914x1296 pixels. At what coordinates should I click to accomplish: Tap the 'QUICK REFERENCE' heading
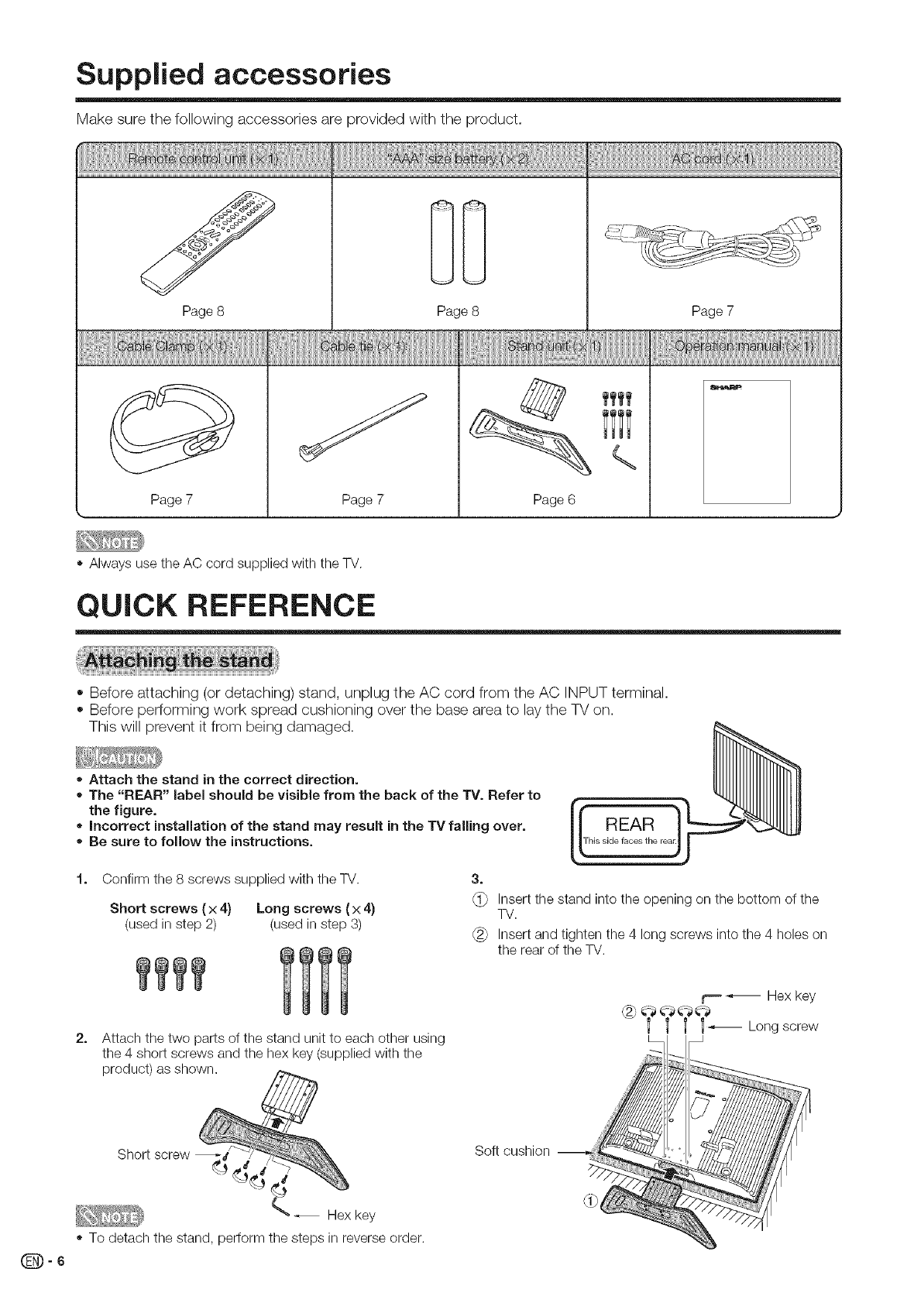(x=225, y=604)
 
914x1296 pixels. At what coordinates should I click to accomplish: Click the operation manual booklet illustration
(x=746, y=441)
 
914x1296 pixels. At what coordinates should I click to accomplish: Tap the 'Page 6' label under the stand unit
(x=554, y=500)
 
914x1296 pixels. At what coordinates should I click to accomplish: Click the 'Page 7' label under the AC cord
(x=712, y=311)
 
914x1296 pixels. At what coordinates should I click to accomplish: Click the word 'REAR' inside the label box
(x=629, y=823)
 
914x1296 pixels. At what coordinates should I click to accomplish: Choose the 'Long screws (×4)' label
(x=315, y=908)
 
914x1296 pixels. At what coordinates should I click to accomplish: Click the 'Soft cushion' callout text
(x=511, y=1150)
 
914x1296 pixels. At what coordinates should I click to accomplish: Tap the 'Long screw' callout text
(x=782, y=1027)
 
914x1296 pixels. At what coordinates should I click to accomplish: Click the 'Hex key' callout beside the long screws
(x=791, y=996)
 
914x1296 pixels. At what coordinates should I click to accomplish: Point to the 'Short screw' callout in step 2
(x=153, y=1154)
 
